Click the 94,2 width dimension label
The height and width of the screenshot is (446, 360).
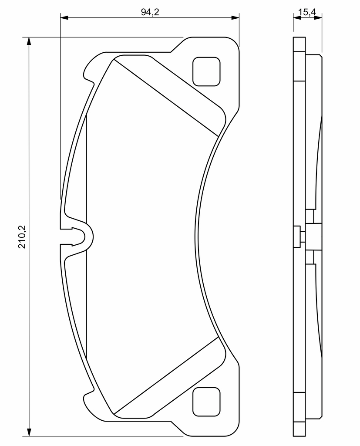point(150,12)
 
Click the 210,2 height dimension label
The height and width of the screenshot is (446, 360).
point(22,237)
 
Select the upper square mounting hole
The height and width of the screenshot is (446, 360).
point(206,72)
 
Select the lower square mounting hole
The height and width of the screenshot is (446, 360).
point(206,402)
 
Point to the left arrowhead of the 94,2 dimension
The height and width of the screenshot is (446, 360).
point(64,17)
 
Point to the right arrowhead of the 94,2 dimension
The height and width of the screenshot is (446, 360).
point(235,17)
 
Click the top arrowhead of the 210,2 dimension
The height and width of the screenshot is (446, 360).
point(29,41)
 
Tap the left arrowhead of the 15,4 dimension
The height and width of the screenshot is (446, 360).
point(297,17)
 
